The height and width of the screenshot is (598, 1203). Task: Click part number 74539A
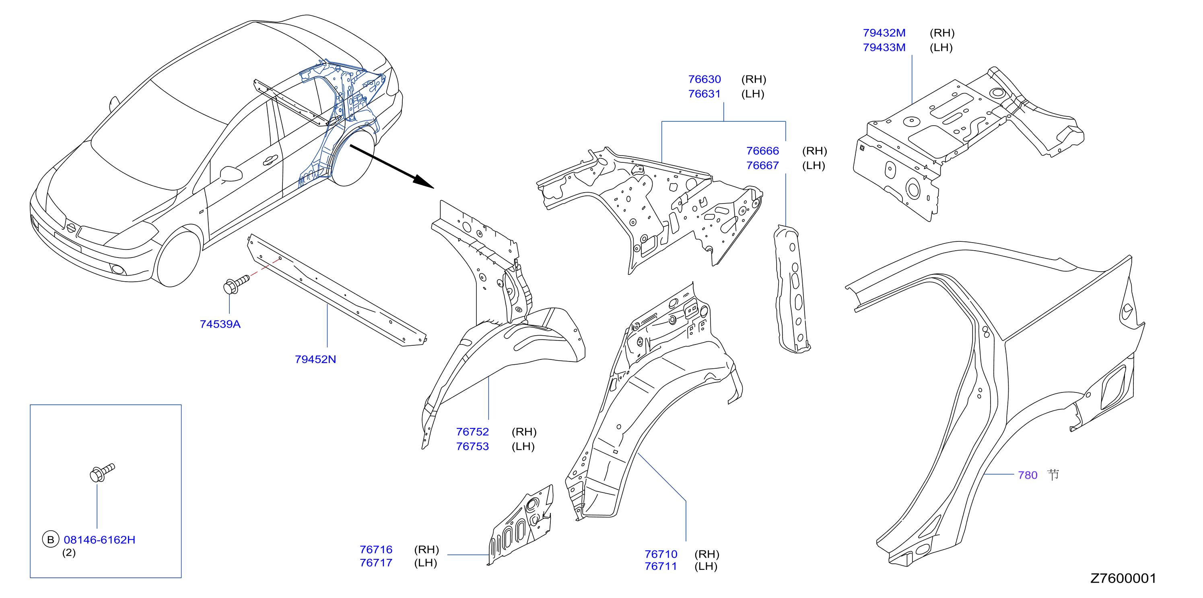pos(220,324)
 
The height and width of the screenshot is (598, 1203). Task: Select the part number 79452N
pos(315,359)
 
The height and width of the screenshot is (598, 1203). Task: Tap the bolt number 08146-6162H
pos(99,540)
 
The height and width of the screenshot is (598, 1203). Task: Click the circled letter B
pos(50,540)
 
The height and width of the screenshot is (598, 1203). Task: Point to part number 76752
pos(472,432)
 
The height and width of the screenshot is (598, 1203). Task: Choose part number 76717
pos(376,563)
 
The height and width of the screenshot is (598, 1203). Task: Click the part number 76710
pos(661,554)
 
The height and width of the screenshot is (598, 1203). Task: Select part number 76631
pos(704,93)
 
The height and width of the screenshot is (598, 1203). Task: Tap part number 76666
pos(762,151)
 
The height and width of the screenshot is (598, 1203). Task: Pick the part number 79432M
pos(884,33)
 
